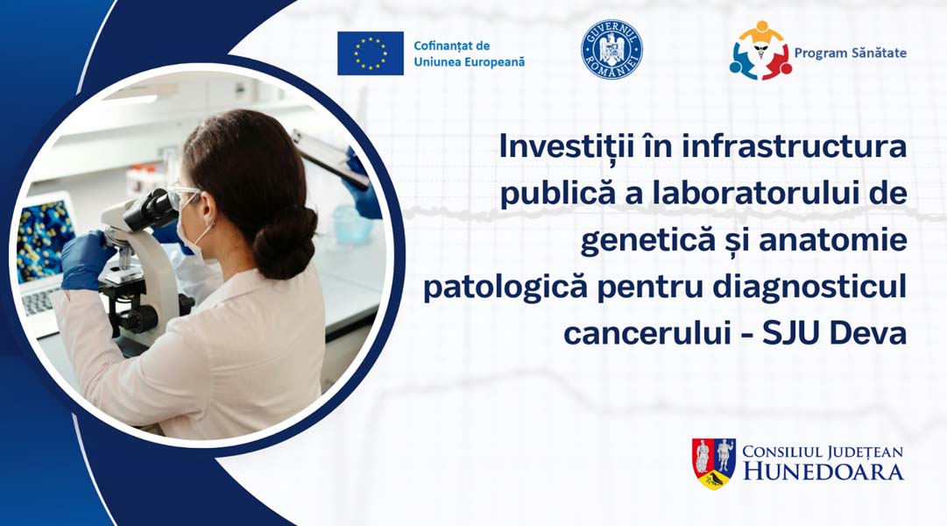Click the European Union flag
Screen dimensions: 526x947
click(371, 53)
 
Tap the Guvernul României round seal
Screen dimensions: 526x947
click(611, 50)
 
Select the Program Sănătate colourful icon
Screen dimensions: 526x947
click(760, 52)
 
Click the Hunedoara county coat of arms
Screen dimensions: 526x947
click(713, 463)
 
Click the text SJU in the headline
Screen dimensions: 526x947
click(795, 333)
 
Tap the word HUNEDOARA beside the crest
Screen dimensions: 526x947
click(823, 472)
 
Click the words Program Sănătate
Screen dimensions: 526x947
click(850, 53)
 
